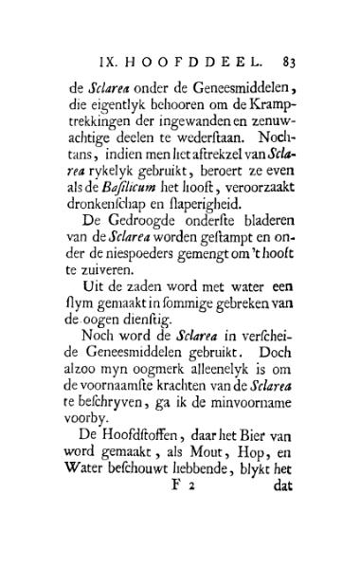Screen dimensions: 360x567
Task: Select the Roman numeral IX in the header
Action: coord(107,64)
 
